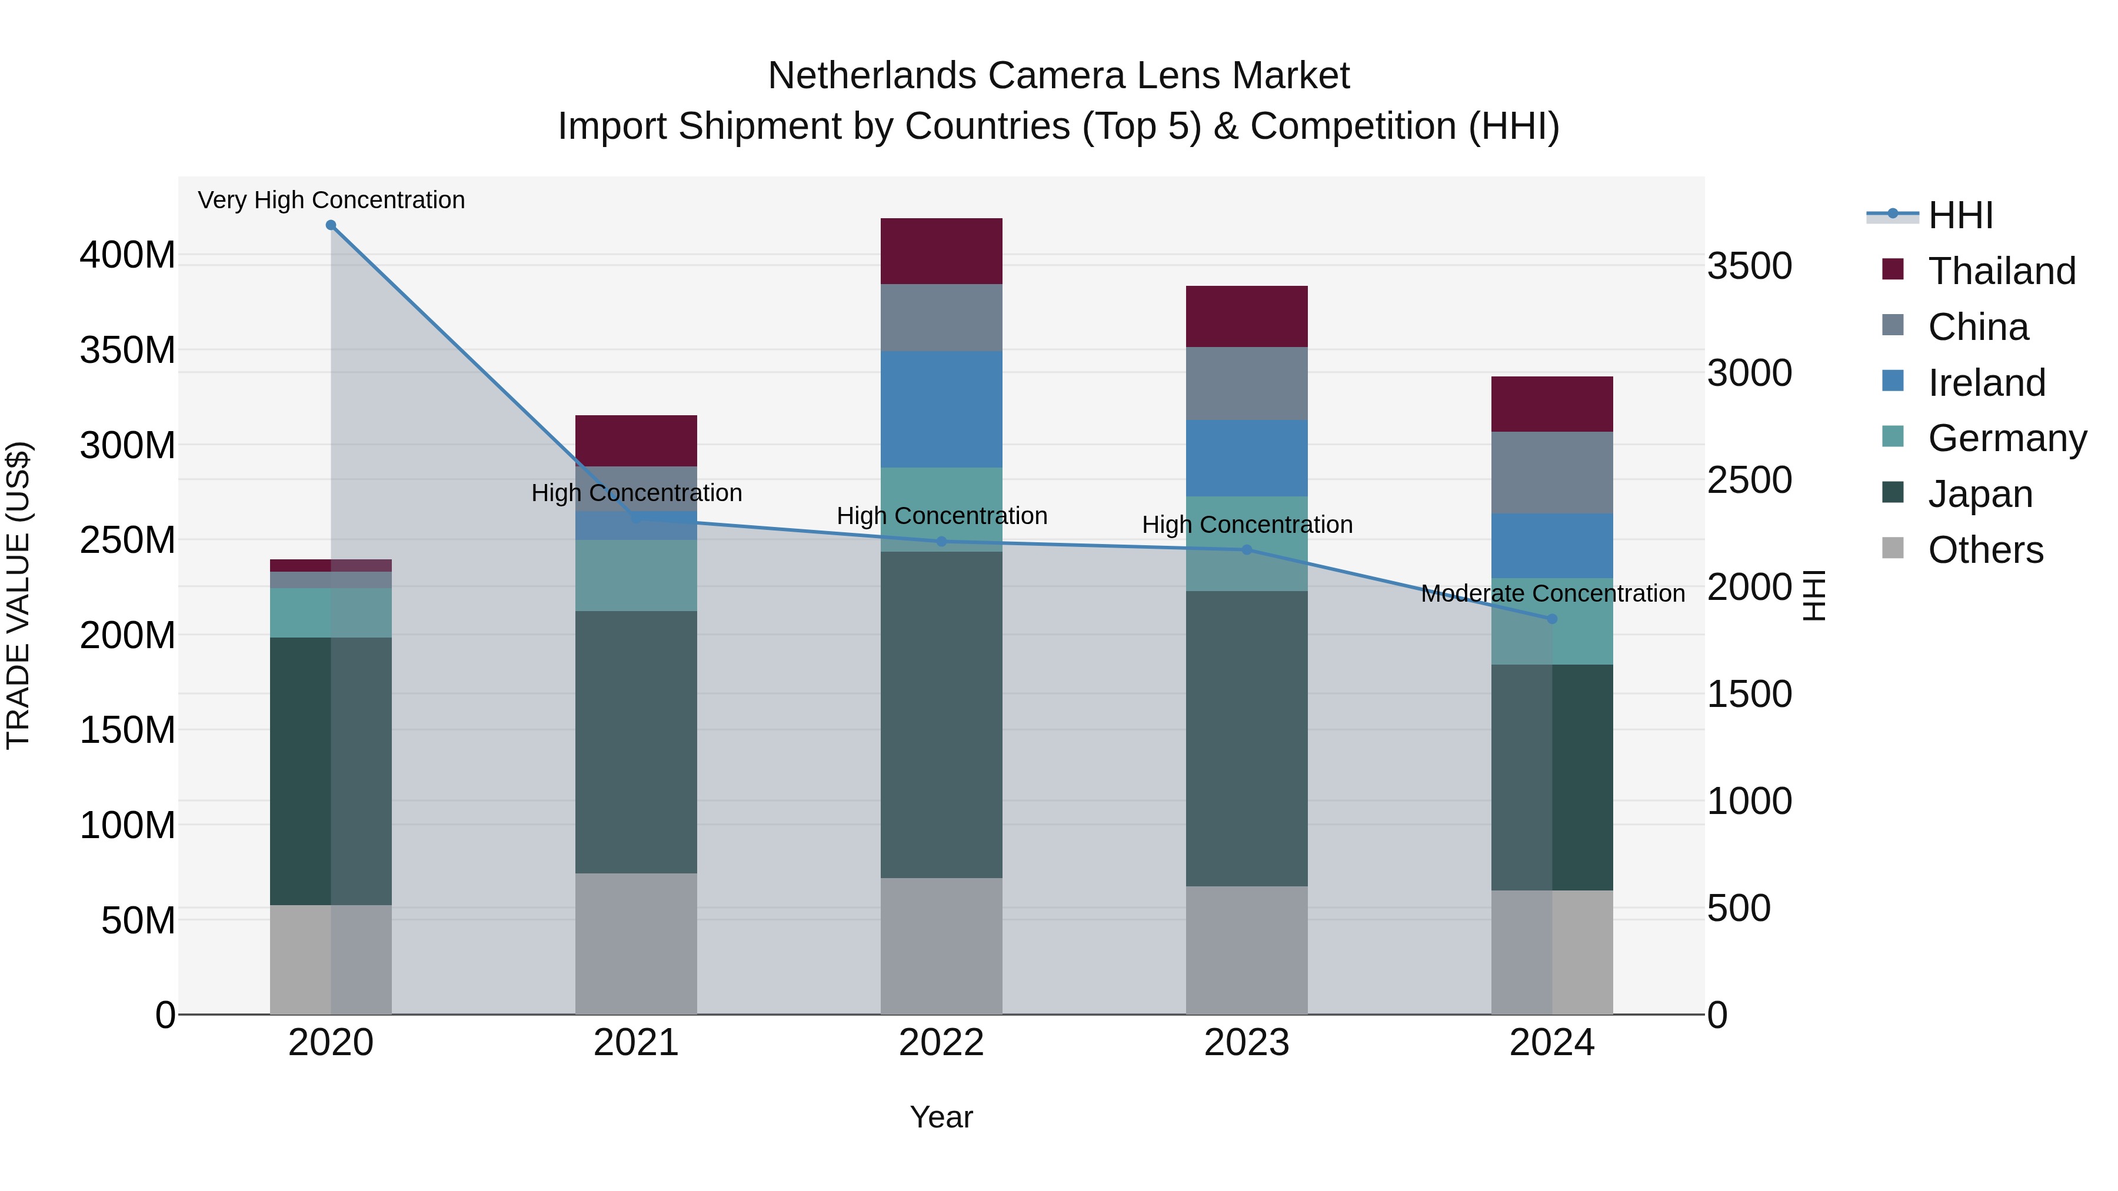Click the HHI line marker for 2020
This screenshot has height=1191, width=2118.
click(331, 225)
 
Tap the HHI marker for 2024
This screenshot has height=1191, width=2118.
click(1551, 619)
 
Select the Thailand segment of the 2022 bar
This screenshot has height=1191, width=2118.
click(941, 252)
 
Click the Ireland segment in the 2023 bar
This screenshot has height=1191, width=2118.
click(1247, 459)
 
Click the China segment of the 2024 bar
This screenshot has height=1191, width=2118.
click(1551, 473)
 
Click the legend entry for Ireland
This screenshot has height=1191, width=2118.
click(1986, 383)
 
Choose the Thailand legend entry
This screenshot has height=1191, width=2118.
click(2002, 271)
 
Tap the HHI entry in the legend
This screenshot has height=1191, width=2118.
click(1960, 215)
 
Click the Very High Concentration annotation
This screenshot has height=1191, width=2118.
click(331, 201)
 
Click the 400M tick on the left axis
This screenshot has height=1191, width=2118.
click(128, 256)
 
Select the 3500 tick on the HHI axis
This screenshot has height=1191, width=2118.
click(1749, 266)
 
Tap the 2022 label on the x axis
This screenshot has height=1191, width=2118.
click(941, 1043)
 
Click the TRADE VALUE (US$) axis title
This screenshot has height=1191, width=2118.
click(18, 595)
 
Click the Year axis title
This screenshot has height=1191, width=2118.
click(941, 1117)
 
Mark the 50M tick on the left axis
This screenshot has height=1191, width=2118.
click(138, 920)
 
